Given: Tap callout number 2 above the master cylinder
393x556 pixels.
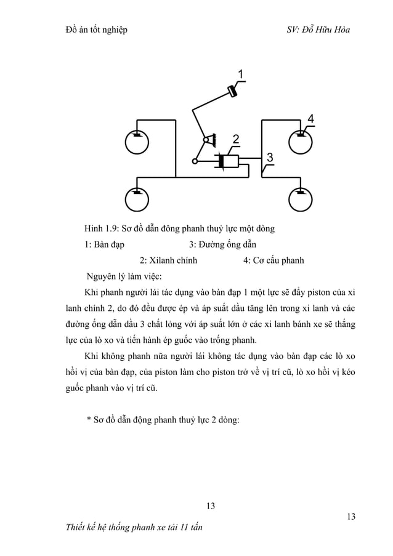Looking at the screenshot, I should click(x=236, y=137).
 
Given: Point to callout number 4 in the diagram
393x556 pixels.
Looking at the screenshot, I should click(x=311, y=118).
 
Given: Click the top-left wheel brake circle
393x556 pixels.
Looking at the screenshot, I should click(x=137, y=143).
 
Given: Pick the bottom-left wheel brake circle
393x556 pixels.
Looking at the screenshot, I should click(x=137, y=199).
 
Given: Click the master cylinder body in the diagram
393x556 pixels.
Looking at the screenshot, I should click(x=230, y=161).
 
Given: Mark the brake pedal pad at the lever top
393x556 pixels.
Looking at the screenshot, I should click(x=233, y=92).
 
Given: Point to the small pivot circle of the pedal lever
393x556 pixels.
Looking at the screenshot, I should click(x=195, y=161).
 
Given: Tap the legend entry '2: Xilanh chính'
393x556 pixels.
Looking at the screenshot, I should click(x=168, y=260).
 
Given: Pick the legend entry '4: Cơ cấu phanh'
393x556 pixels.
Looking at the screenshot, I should click(x=273, y=260).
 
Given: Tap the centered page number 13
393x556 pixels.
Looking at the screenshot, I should click(x=210, y=506).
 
